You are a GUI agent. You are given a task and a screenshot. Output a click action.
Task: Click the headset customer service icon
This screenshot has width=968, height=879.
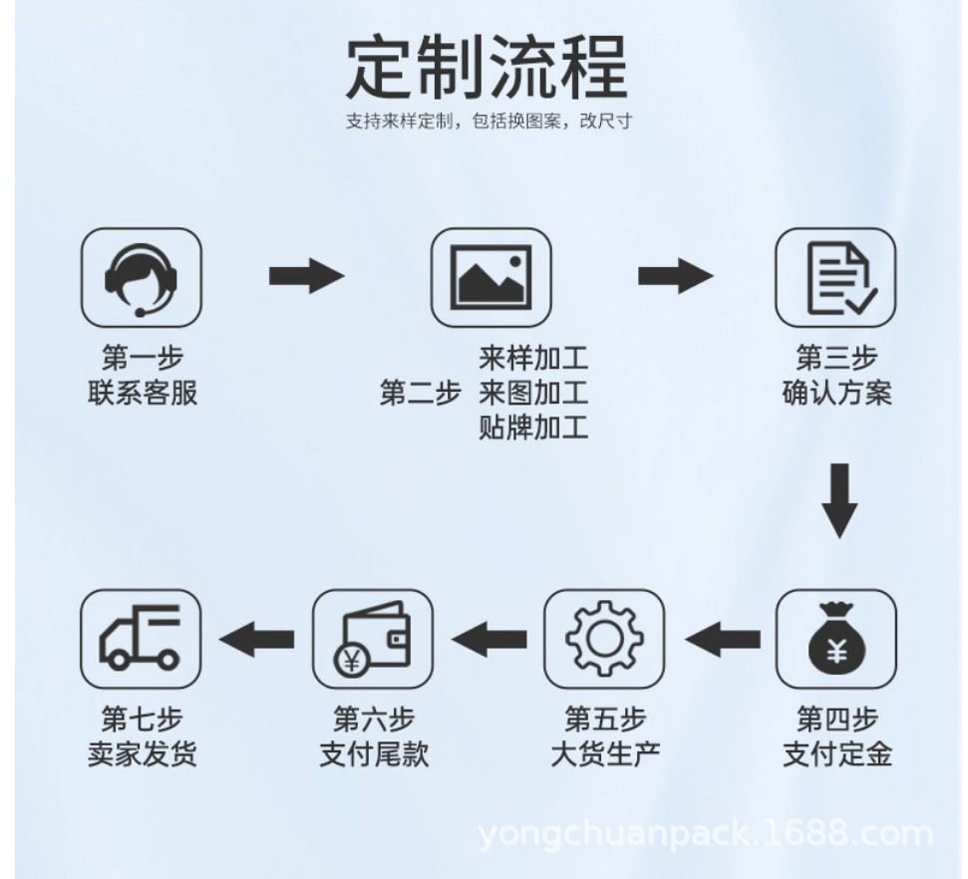point(141,278)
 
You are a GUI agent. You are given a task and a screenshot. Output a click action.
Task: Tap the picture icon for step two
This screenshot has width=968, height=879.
point(490,278)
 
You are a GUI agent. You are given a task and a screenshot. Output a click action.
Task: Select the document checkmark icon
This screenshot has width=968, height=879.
point(835,278)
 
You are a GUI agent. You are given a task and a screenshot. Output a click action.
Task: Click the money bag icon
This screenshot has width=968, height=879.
point(835,639)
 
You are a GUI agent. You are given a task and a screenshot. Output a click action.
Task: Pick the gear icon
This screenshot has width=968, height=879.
point(604,639)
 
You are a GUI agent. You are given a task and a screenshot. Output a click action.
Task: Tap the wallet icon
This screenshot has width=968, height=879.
point(372,639)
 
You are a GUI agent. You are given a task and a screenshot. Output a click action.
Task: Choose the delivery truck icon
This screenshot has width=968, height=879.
point(141,639)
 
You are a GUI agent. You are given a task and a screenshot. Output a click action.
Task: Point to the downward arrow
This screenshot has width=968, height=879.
point(839,499)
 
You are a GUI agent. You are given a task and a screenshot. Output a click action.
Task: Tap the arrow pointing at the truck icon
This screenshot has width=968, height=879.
point(257,639)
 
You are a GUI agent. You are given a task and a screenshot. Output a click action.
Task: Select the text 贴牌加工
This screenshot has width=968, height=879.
point(533,429)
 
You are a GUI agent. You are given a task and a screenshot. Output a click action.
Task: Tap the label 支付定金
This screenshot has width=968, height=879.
point(835,753)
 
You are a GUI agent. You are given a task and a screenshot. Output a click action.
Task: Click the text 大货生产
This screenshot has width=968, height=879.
point(604,753)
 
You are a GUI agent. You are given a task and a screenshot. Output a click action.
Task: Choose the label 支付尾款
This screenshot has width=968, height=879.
point(373,753)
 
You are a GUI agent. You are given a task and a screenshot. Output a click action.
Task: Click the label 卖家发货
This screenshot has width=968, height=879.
point(142,753)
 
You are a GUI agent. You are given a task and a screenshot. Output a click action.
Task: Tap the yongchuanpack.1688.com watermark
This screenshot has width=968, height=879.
point(706,833)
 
